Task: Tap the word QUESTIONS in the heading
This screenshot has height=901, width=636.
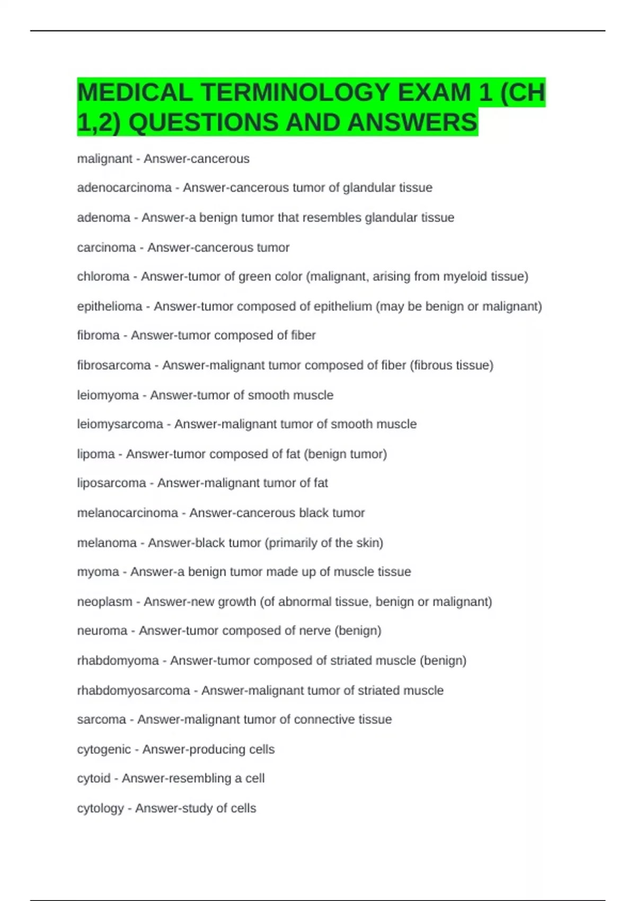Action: [x=204, y=122]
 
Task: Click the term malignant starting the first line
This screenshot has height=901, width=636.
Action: [x=104, y=159]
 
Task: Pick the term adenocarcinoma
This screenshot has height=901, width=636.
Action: [x=124, y=188]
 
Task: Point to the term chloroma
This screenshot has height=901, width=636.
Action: [x=103, y=277]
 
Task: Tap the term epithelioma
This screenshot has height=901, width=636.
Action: [x=109, y=306]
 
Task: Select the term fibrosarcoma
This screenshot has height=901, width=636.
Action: [x=114, y=365]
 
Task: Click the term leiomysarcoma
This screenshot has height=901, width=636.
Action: [x=120, y=424]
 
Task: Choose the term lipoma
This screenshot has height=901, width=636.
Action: [x=95, y=454]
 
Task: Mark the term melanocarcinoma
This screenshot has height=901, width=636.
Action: [x=127, y=513]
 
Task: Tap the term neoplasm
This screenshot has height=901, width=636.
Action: [x=104, y=602]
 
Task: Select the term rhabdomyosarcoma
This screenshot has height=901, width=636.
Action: [x=133, y=691]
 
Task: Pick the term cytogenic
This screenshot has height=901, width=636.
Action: [x=103, y=749]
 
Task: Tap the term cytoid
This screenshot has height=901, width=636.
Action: [x=93, y=779]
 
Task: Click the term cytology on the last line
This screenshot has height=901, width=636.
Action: [x=100, y=808]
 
